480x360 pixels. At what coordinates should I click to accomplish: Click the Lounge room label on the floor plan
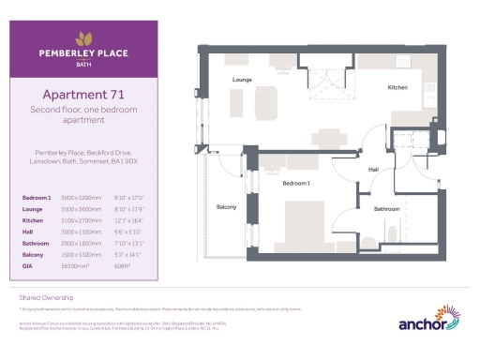[x=243, y=81]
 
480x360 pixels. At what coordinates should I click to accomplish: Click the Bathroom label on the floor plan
[x=386, y=208]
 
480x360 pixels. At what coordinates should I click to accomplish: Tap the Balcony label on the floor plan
[x=227, y=206]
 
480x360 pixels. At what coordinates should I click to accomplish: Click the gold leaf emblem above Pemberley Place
[x=84, y=38]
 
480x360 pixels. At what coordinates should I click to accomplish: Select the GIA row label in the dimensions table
[x=27, y=266]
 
